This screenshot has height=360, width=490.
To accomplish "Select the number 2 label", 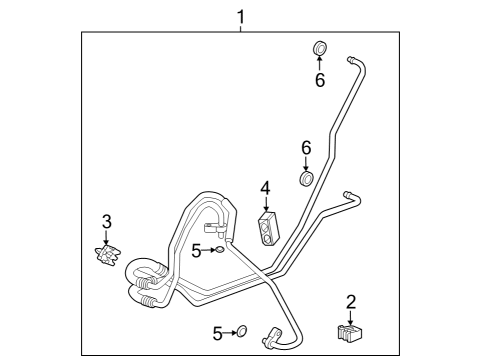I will point(351,301).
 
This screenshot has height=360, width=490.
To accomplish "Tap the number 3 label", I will point(106,220).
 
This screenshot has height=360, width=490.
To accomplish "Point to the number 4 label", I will point(265,187).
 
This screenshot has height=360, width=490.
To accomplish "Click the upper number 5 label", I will point(197,251).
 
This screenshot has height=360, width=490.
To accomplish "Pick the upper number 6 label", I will point(320,80).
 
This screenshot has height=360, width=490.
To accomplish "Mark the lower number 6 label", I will point(307,148).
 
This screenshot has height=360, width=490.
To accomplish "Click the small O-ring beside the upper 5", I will point(220,251).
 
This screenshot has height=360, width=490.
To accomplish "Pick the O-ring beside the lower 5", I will point(241,330).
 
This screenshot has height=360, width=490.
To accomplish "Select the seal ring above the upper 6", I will point(320,48).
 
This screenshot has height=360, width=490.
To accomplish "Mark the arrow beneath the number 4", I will point(266,203).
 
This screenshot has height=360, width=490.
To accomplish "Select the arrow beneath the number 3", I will point(106,237).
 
